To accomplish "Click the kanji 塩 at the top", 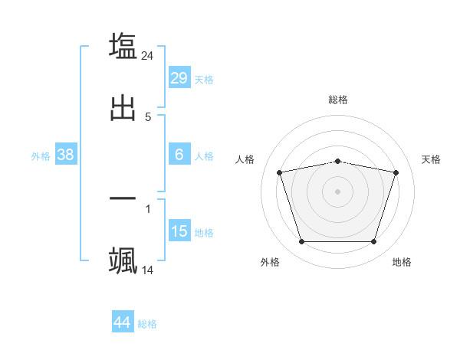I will (123, 46).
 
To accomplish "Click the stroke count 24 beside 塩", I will (148, 55).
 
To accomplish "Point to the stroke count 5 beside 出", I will (148, 117).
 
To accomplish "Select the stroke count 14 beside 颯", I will (148, 270).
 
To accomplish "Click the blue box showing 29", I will (179, 78).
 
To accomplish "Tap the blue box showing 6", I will (179, 155).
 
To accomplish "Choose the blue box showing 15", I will (179, 231).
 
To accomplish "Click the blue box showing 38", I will (66, 155).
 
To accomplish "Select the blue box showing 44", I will (122, 322).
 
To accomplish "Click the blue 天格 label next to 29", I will (203, 80).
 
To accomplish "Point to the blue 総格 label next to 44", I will (147, 324).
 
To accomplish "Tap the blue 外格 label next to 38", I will (41, 156).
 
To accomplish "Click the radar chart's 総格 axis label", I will (337, 100).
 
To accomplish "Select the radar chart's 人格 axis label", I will (245, 159).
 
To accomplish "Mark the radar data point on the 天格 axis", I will (396, 172).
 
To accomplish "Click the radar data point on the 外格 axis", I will (301, 242).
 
